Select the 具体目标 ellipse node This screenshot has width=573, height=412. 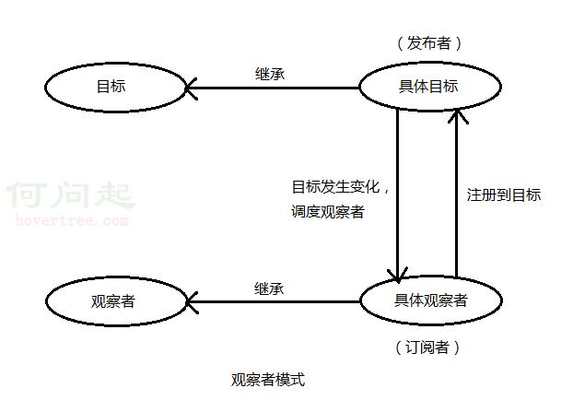[429, 88]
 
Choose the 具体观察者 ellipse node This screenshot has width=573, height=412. [430, 300]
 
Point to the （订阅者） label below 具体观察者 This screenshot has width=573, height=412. [427, 347]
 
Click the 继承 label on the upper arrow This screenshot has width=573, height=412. [269, 74]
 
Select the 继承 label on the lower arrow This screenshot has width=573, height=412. [269, 288]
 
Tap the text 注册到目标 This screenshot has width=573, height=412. [503, 194]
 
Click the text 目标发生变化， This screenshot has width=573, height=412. [341, 187]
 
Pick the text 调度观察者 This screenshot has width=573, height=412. [327, 212]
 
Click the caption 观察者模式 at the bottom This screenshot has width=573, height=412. [267, 379]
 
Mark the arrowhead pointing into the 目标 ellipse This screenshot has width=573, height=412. [191, 88]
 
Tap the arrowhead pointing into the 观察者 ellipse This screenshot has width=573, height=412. [192, 301]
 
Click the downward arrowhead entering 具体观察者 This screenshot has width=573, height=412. [397, 275]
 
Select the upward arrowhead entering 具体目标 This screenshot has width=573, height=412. [456, 114]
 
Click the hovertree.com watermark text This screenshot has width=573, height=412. [73, 220]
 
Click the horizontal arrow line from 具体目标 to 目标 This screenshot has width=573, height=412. [276, 88]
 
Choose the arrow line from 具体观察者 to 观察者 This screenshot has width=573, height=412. [276, 301]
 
